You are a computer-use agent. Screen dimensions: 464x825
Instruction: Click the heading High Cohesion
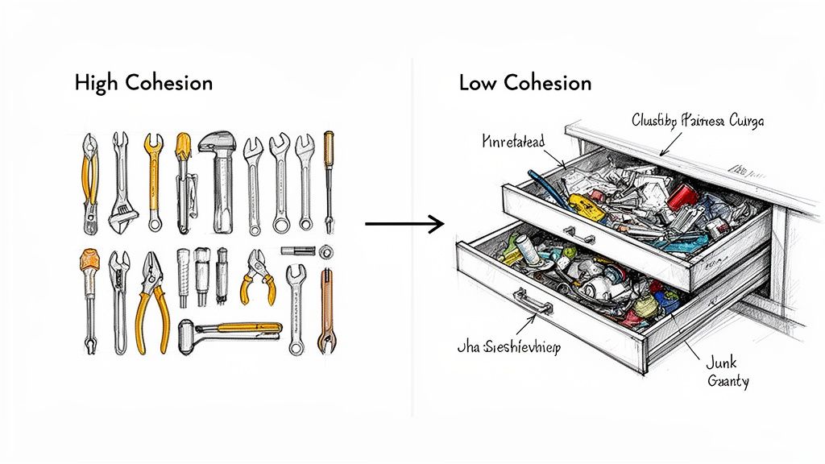[x=143, y=82]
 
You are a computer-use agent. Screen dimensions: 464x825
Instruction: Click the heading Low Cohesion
[x=524, y=82]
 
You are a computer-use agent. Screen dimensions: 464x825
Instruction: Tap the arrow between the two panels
[x=404, y=224]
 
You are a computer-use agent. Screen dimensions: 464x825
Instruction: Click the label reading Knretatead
[x=512, y=142]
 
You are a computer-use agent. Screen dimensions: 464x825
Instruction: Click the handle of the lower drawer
[x=533, y=305]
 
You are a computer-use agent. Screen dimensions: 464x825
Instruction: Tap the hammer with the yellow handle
[x=230, y=329]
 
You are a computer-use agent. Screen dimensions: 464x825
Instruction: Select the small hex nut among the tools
[x=326, y=251]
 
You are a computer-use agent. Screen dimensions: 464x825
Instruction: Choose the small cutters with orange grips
[x=257, y=275]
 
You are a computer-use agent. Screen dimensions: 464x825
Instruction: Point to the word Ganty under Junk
[x=728, y=382]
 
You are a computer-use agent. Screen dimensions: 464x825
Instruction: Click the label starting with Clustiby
[x=698, y=122]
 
